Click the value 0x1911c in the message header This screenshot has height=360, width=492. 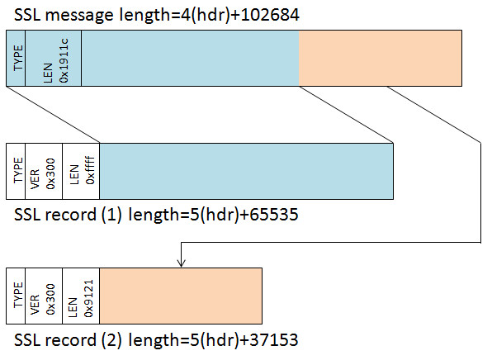64,60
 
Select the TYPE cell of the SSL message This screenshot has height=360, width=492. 16,58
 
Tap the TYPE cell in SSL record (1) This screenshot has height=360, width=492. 16,171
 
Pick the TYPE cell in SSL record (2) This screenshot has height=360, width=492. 16,296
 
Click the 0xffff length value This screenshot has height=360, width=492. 90,170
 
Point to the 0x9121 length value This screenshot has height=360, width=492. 89,298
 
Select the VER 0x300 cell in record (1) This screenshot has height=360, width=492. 44,171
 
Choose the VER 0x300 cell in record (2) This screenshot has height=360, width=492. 44,296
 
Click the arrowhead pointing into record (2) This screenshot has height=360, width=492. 181,263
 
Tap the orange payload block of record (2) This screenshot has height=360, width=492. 181,296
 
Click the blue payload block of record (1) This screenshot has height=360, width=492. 246,171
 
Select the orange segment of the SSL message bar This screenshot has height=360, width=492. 381,58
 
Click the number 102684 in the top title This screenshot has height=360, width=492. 270,15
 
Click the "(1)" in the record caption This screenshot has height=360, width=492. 111,216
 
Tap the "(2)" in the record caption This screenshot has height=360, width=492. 111,340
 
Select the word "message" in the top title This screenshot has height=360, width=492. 79,16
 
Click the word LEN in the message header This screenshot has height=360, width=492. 48,73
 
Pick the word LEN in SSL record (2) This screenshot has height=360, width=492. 73,308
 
